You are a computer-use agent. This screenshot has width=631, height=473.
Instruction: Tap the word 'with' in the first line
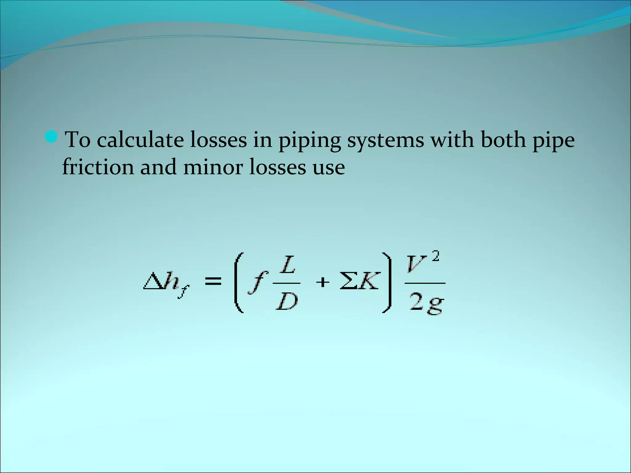(452, 139)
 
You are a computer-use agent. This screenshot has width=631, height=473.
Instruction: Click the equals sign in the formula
(213, 281)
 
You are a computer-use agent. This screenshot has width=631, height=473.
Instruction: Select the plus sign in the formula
(323, 282)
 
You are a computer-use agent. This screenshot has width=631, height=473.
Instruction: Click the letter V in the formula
(417, 265)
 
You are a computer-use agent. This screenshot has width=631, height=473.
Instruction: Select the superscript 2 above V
(435, 256)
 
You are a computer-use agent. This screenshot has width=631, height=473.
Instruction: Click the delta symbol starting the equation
(153, 281)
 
